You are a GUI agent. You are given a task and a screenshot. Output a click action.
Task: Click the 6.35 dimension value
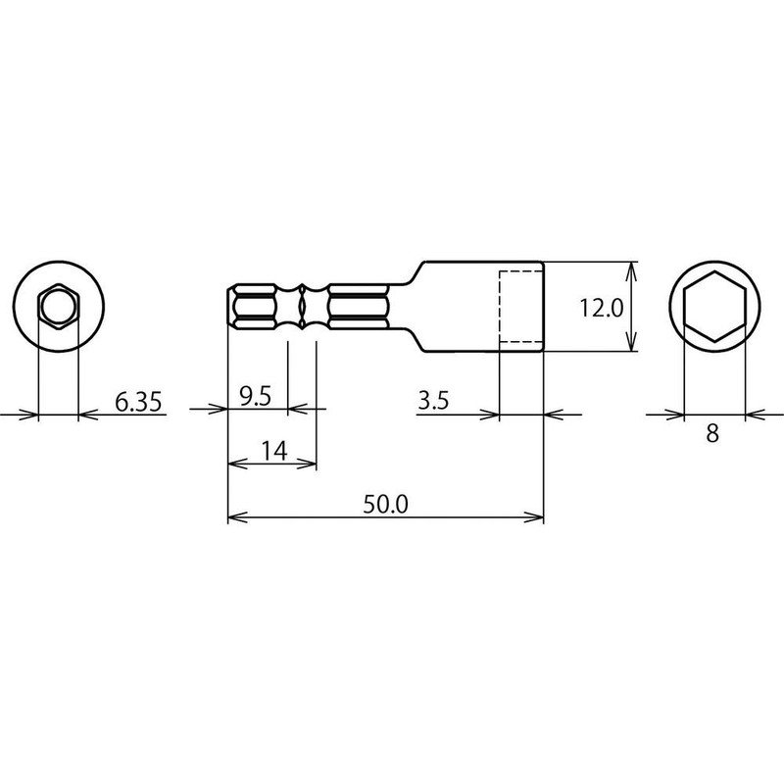click(138, 402)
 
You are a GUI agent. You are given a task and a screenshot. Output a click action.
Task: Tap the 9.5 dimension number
click(255, 397)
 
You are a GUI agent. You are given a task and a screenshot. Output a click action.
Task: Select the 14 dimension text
click(274, 452)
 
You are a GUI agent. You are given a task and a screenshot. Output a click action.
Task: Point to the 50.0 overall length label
click(385, 504)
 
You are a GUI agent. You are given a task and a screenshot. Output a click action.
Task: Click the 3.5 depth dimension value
click(433, 401)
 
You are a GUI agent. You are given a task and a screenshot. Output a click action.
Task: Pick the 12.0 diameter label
click(602, 308)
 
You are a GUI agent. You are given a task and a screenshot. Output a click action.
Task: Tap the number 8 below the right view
click(712, 433)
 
